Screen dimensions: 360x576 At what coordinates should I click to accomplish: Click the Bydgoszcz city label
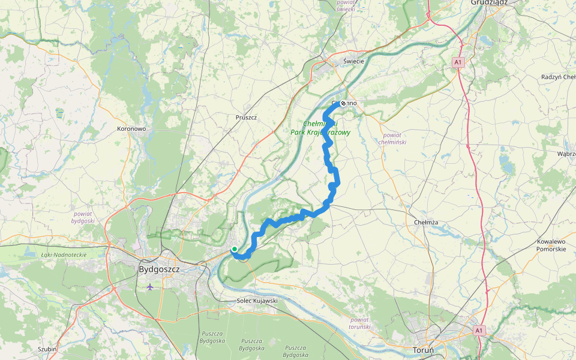pos(159,269)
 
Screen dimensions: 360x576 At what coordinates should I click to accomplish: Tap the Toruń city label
pos(427,349)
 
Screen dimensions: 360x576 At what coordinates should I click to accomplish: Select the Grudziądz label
pos(490,2)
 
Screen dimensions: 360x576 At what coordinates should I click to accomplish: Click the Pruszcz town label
pos(246,118)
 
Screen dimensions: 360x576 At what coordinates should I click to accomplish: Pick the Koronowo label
pos(132,128)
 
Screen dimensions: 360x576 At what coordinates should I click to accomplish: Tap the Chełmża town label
pos(426,222)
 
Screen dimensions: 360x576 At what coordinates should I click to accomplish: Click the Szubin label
pos(47,349)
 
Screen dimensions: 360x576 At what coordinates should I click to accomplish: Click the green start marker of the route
pos(234,249)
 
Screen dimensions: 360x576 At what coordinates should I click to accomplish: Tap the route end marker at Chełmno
pos(343,103)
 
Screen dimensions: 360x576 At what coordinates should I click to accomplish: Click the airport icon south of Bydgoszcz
pos(149,287)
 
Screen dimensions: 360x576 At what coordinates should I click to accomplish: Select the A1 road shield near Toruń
pos(478,330)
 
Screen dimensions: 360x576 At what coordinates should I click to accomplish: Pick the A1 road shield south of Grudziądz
pos(458,62)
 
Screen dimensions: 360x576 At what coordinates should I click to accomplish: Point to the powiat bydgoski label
pos(84,217)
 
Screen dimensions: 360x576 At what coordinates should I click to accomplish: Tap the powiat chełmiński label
pos(394,139)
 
